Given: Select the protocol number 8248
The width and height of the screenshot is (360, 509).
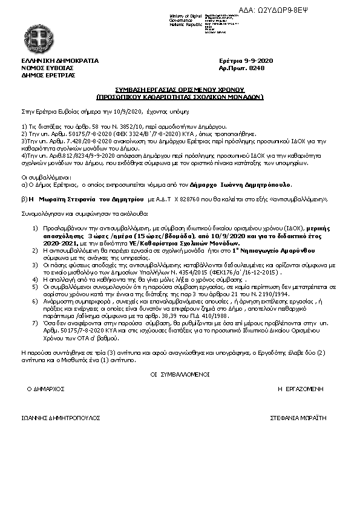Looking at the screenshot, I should pos(257,68).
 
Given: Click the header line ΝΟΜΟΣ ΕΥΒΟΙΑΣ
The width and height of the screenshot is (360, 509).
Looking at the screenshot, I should pos(43,68).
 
